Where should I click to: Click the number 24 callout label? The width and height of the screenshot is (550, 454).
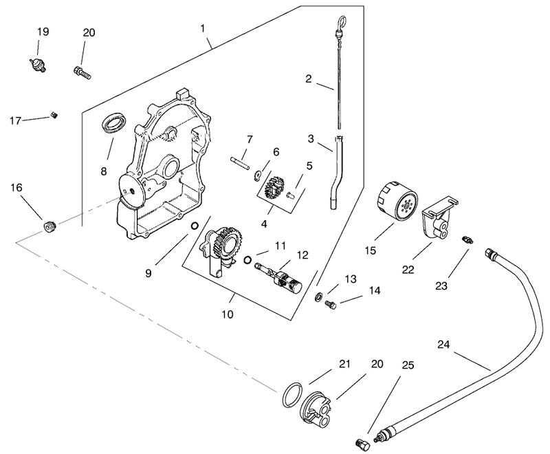[x=443, y=345]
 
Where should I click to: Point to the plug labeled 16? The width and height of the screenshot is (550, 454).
[x=49, y=226]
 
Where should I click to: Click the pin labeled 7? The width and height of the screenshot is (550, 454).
[x=240, y=164]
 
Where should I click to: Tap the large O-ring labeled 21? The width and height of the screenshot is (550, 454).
[x=291, y=395]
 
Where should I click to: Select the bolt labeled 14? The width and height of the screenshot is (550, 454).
[x=331, y=304]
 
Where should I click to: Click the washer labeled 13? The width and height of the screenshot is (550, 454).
[x=318, y=296]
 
